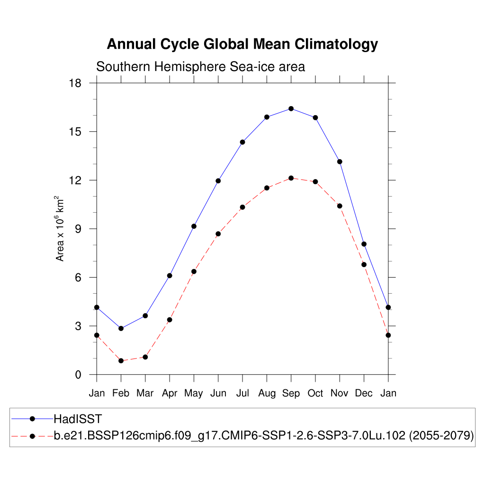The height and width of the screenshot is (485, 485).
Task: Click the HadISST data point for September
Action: click(x=291, y=108)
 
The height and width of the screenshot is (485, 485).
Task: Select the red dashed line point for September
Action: click(x=291, y=178)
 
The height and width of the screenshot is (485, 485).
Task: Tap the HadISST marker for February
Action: click(x=121, y=328)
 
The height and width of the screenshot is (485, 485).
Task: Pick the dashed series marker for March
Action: click(x=145, y=357)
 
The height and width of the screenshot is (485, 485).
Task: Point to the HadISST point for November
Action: click(x=340, y=162)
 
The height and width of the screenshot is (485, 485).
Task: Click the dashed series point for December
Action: click(x=364, y=264)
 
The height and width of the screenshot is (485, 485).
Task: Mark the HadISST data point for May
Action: click(x=194, y=226)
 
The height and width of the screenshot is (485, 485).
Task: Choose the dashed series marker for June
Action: click(x=218, y=234)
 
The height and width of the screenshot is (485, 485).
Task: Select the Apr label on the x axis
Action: click(x=170, y=393)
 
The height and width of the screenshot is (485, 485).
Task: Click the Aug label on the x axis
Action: click(x=267, y=393)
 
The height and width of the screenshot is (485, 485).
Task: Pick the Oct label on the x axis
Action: click(x=315, y=393)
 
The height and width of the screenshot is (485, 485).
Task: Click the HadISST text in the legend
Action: click(x=78, y=419)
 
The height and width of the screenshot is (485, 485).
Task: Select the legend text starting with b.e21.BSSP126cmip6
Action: click(x=264, y=436)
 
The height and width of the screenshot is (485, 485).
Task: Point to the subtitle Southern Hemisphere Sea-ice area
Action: click(x=200, y=67)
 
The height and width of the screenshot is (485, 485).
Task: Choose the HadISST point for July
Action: click(x=242, y=142)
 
